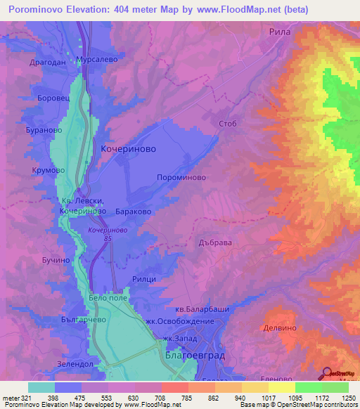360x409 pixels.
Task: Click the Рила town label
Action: (x=280, y=32)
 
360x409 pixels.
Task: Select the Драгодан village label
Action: (x=47, y=63)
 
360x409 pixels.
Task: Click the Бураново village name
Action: (x=53, y=131)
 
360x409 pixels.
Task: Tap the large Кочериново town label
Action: (x=128, y=150)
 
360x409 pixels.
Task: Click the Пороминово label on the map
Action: (x=181, y=178)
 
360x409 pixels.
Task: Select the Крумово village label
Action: (x=49, y=170)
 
